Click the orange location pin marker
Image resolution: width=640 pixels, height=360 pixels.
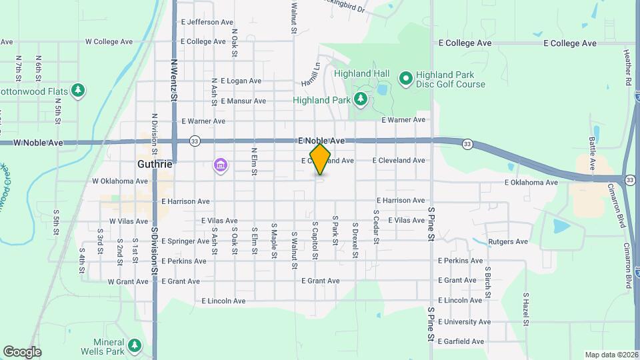321,159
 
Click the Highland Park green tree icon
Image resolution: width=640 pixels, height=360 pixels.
361,100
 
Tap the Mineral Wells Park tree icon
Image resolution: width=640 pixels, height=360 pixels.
135,345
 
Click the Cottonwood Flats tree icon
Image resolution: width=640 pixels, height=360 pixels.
78,90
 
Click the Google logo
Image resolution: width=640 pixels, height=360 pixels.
22,352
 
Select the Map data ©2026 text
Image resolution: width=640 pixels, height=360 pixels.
611,355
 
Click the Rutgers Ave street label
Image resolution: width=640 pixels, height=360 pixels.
508,241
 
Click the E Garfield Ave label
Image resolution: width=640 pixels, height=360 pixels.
460,341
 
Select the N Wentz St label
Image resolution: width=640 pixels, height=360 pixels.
174,80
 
